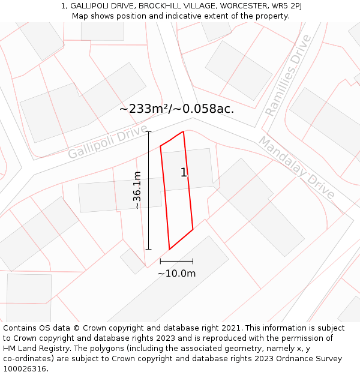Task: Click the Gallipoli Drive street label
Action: tap(107, 142)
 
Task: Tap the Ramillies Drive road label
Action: tap(289, 75)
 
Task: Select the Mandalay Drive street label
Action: tap(296, 167)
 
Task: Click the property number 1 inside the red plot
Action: tap(184, 173)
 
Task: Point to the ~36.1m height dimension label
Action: tap(137, 190)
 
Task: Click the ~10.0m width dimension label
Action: tap(176, 274)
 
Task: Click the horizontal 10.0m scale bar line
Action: tap(176, 261)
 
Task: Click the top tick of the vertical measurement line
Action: tap(149, 131)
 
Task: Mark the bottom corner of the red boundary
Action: tap(169, 249)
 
